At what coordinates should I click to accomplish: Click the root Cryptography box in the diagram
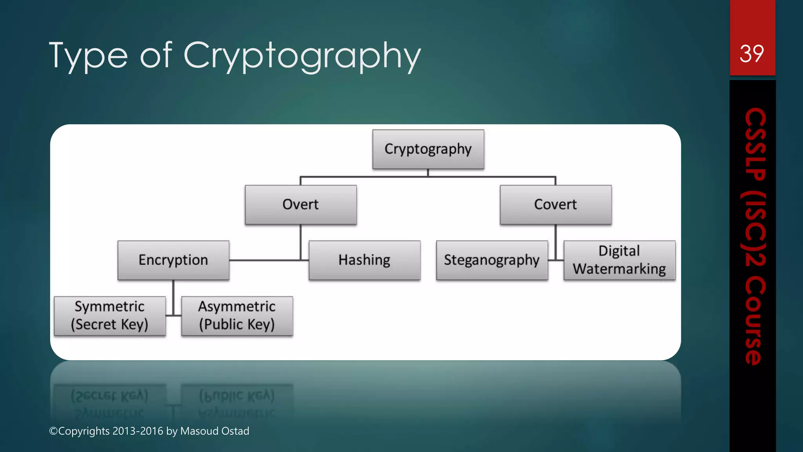coord(428,149)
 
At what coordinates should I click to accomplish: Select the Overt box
coord(301,205)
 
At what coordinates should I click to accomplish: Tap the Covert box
coord(556,205)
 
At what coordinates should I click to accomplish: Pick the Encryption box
coord(173,260)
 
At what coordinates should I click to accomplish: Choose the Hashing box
coord(365,260)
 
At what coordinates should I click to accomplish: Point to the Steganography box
coord(492,260)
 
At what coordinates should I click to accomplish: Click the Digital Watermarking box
coord(620,260)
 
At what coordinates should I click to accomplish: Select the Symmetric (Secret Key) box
coord(110,316)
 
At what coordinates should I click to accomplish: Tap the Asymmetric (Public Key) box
coord(237,316)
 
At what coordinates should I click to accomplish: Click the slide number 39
coord(752,54)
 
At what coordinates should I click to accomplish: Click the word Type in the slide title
coord(88,56)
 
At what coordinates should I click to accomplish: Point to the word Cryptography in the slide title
coord(302,56)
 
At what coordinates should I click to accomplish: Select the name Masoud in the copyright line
coord(200,431)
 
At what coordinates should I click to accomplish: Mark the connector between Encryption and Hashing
coord(267,260)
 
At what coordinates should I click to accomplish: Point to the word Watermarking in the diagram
coord(620,269)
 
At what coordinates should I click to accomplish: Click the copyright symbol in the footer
coord(53,431)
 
